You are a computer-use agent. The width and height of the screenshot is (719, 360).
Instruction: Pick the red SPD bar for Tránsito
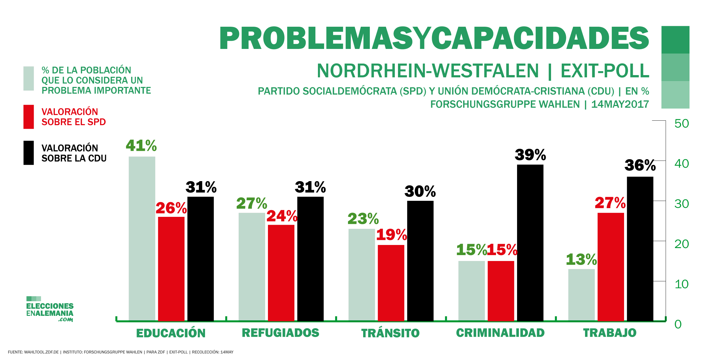pos(391,283)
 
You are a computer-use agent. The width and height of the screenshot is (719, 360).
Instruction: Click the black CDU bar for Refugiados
pos(310,259)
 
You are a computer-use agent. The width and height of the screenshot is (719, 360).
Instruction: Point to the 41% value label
pos(141,146)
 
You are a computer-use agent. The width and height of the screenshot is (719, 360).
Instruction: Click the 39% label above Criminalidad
pos(530,155)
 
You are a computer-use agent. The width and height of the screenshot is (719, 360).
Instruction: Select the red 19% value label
pos(392,235)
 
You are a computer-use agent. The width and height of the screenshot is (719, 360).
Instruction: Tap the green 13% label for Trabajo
pos(581,259)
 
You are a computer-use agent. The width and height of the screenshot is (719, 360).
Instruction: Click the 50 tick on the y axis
pos(681,124)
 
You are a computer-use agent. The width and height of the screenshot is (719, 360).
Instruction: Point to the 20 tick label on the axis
pos(681,244)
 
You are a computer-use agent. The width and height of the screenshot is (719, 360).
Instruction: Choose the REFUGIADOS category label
pos(280,333)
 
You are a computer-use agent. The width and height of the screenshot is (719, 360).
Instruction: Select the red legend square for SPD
pos(29,117)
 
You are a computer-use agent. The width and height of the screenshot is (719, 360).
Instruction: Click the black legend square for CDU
pos(29,153)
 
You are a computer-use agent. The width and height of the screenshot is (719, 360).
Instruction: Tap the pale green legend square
pos(29,78)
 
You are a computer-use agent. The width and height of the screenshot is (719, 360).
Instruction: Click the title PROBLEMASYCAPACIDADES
pos(434,38)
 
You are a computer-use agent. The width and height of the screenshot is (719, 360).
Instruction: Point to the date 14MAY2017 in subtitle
pos(620,104)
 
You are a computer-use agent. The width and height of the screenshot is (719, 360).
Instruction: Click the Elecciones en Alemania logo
pos(50,309)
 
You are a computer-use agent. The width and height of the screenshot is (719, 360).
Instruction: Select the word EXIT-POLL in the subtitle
pos(605,71)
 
